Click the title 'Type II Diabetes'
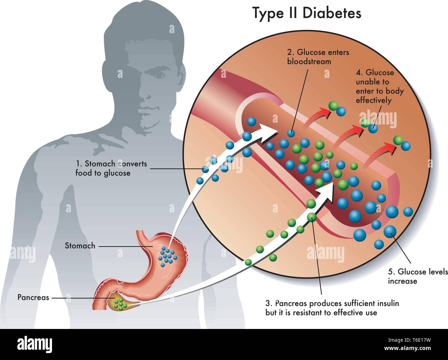click(x=307, y=13)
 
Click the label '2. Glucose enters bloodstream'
click(x=318, y=57)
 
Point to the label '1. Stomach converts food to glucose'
click(x=111, y=168)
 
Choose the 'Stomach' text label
click(x=80, y=246)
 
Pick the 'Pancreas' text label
click(x=33, y=297)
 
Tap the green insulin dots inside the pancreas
click(x=120, y=304)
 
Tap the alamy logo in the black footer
click(x=35, y=344)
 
